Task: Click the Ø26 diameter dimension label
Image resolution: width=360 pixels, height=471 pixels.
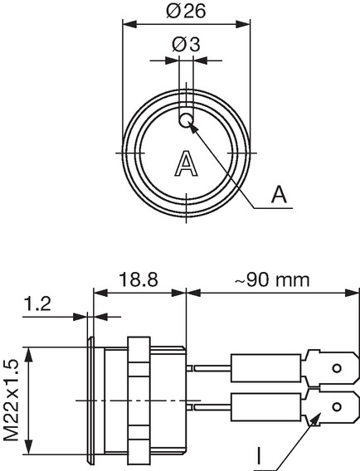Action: click(x=186, y=11)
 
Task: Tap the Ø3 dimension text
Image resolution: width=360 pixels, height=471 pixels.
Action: click(x=186, y=45)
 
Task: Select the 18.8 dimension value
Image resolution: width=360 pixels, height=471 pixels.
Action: click(x=139, y=279)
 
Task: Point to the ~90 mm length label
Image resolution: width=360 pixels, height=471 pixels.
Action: click(x=272, y=279)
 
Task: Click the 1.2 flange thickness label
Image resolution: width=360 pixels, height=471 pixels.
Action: click(x=37, y=303)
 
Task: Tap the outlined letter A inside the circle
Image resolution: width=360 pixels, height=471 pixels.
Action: click(x=187, y=163)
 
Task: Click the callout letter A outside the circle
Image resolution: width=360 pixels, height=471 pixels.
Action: click(x=279, y=194)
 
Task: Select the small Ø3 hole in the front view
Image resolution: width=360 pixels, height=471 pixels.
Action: click(x=186, y=120)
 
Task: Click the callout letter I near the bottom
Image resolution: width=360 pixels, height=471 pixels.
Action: click(x=259, y=456)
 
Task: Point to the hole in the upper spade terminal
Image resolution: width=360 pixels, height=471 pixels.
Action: click(x=337, y=368)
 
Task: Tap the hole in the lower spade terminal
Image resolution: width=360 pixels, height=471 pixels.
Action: click(x=337, y=406)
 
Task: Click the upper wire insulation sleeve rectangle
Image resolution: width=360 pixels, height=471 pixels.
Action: click(x=266, y=368)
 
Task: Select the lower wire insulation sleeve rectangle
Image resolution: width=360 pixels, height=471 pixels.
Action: click(x=266, y=406)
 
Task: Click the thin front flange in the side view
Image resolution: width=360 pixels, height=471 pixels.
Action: click(x=90, y=401)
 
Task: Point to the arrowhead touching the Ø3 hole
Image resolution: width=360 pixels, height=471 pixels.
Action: click(x=194, y=129)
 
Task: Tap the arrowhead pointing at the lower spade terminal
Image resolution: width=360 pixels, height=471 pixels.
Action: click(x=314, y=419)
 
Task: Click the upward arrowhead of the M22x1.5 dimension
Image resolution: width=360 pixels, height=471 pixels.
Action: click(x=28, y=354)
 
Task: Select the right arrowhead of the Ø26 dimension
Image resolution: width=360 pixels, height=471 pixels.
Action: click(x=243, y=24)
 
